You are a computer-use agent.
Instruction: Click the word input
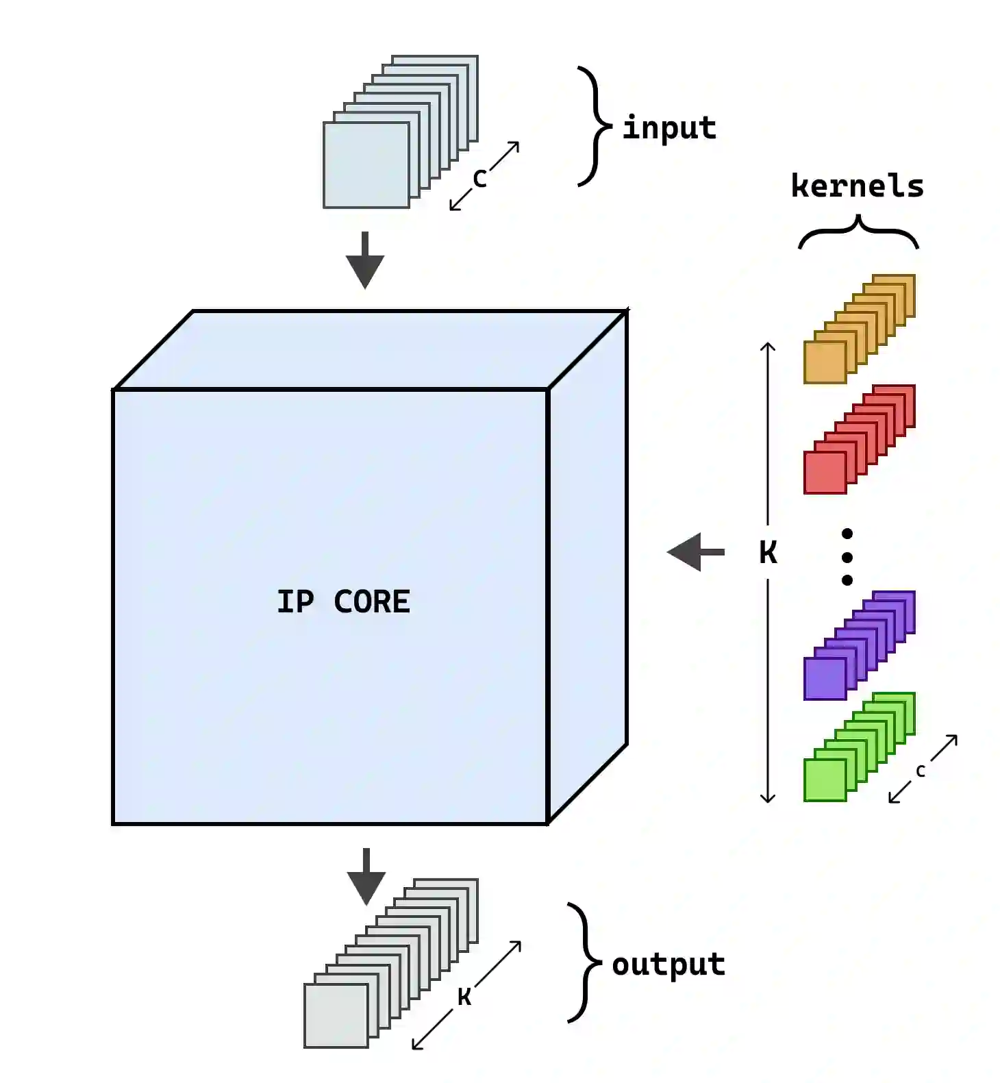pyautogui.click(x=668, y=128)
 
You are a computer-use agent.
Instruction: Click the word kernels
pyautogui.click(x=857, y=186)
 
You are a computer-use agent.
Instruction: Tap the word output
pyautogui.click(x=668, y=964)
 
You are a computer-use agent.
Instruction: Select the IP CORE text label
pyautogui.click(x=343, y=601)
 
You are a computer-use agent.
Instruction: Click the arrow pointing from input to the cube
pyautogui.click(x=365, y=260)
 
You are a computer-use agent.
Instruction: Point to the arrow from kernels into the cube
pyautogui.click(x=695, y=551)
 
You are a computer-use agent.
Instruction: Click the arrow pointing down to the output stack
pyautogui.click(x=366, y=876)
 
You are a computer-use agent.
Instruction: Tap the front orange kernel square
pyautogui.click(x=825, y=362)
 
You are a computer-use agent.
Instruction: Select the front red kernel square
pyautogui.click(x=825, y=473)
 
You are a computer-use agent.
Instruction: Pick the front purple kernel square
pyautogui.click(x=825, y=679)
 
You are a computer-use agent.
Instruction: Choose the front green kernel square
pyautogui.click(x=825, y=780)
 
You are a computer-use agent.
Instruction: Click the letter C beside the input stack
pyautogui.click(x=479, y=179)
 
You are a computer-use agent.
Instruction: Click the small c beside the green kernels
pyautogui.click(x=921, y=771)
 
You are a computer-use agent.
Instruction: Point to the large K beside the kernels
pyautogui.click(x=768, y=552)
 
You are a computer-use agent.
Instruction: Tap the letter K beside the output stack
pyautogui.click(x=464, y=997)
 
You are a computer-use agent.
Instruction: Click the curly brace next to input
pyautogui.click(x=593, y=127)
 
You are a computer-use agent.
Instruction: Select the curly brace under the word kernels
pyautogui.click(x=858, y=232)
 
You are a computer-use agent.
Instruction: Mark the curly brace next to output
pyautogui.click(x=584, y=963)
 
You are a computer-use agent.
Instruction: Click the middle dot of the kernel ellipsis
pyautogui.click(x=847, y=557)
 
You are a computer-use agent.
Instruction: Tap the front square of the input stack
pyautogui.click(x=366, y=165)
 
